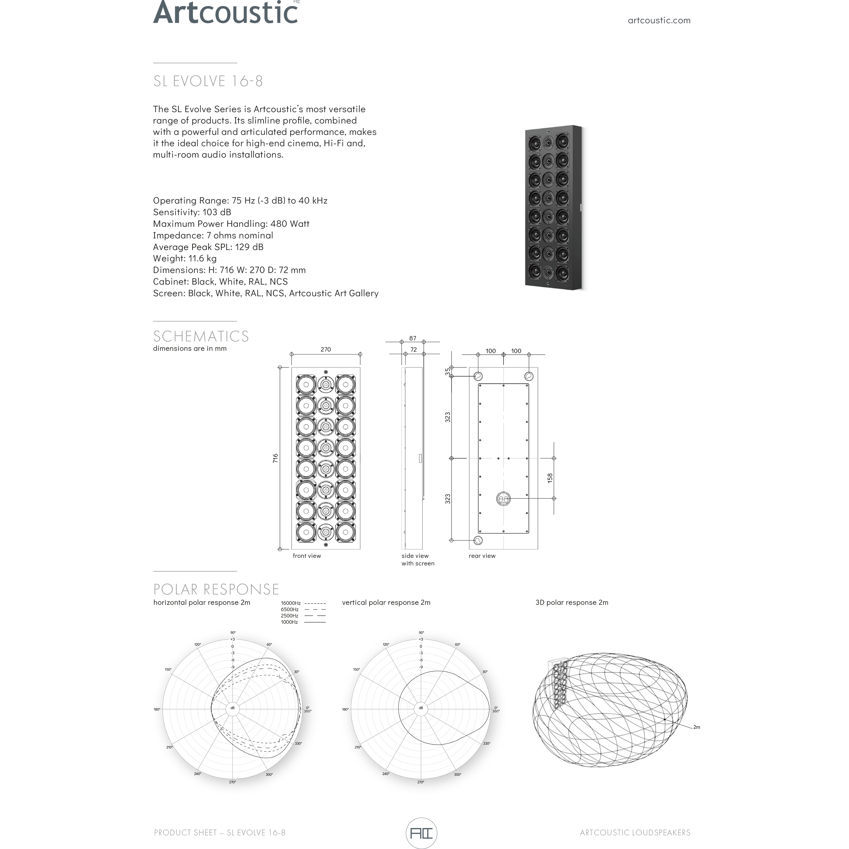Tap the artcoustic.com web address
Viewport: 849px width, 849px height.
point(659,20)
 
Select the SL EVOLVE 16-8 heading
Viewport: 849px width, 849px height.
point(208,81)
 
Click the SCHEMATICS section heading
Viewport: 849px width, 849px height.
point(201,336)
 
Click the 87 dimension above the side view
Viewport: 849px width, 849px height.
point(412,338)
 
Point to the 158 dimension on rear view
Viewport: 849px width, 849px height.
point(550,478)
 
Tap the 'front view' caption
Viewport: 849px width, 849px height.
point(307,556)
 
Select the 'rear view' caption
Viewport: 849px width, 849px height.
point(482,556)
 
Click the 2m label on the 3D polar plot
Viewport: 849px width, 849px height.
point(696,727)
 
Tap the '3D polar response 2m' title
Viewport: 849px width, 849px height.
point(571,603)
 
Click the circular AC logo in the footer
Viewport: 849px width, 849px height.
point(421,833)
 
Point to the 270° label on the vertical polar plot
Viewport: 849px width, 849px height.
point(421,782)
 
